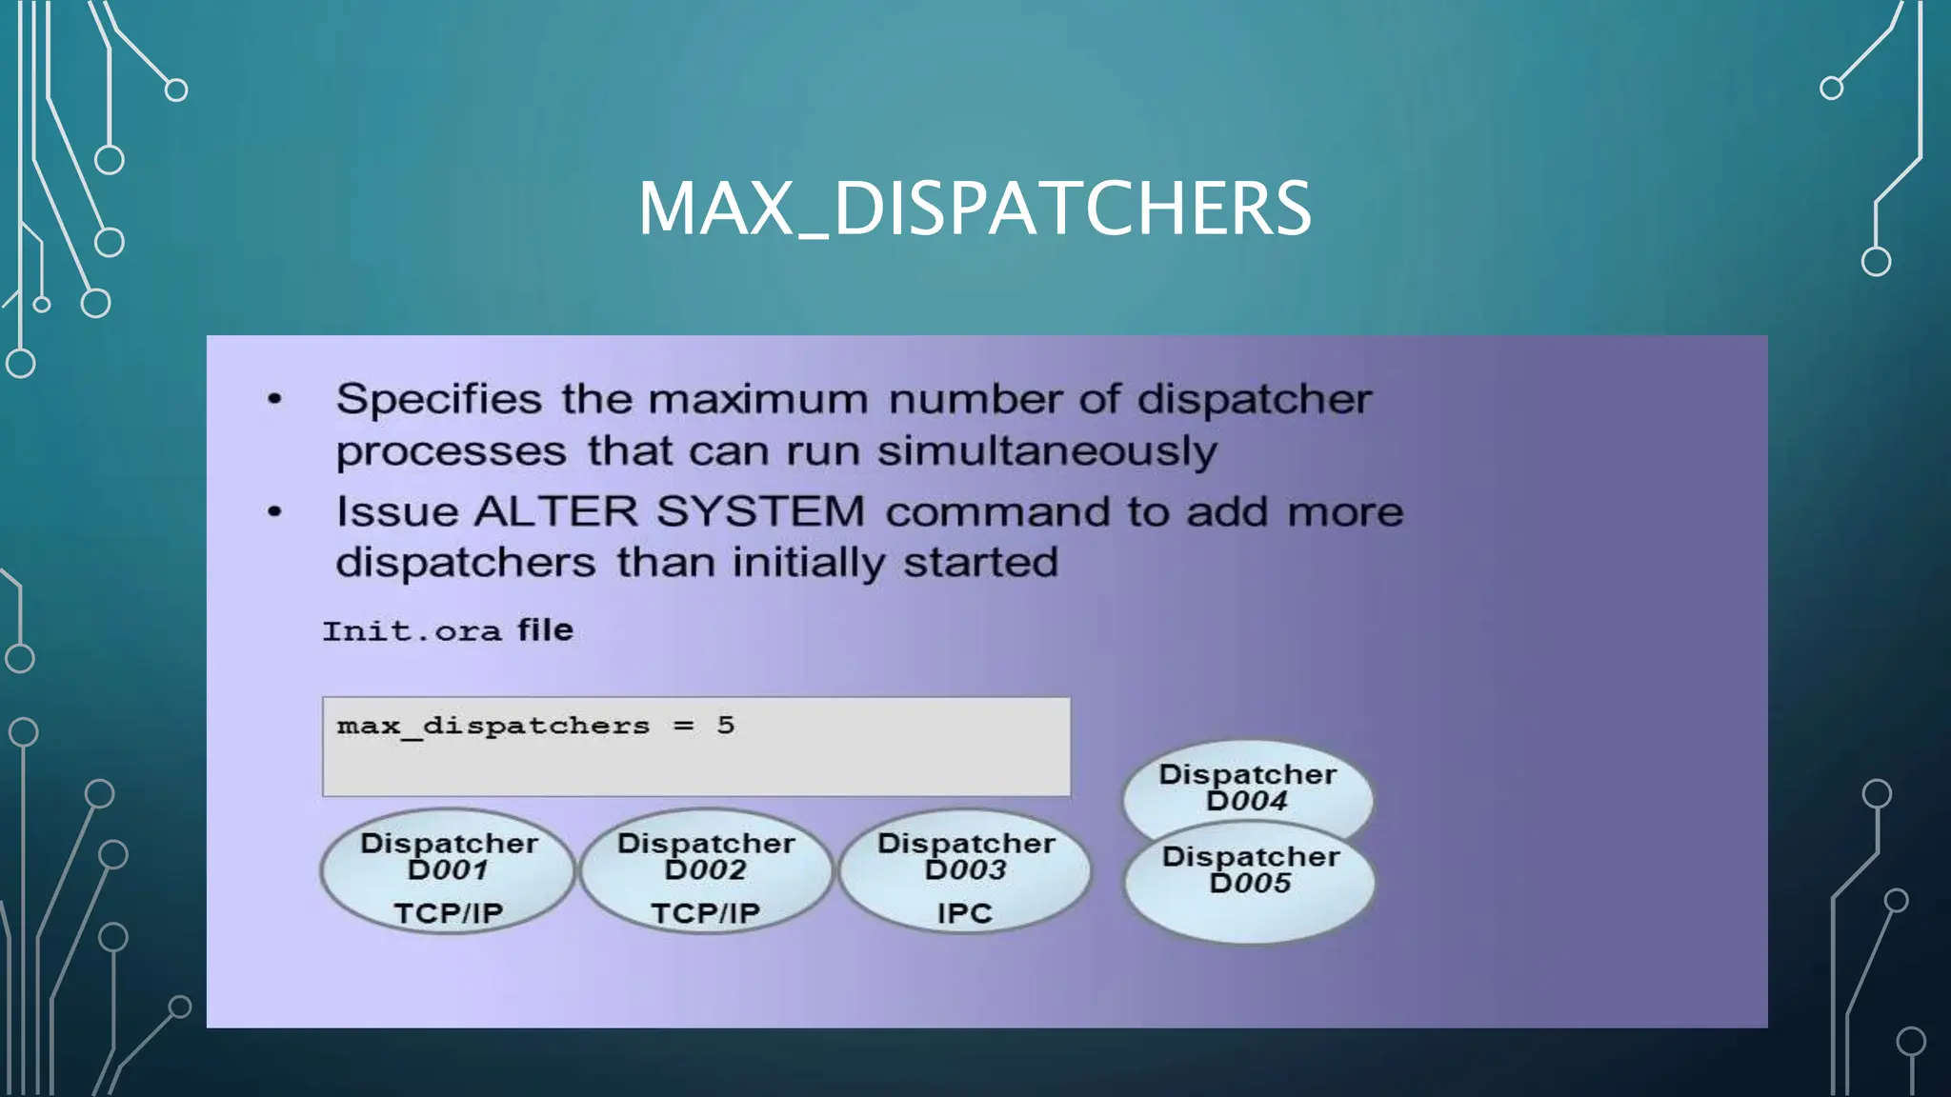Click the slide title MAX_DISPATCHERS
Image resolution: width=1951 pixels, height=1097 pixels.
pos(975,209)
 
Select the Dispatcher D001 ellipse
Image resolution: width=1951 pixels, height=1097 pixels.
pos(448,870)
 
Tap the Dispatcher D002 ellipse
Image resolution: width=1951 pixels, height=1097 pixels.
pos(706,870)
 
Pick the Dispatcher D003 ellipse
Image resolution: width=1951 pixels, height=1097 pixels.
pos(965,870)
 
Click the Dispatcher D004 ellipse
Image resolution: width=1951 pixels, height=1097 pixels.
pos(1247,787)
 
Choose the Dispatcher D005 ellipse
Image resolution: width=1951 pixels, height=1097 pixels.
pos(1250,890)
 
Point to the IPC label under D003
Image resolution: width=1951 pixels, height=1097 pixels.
pos(964,913)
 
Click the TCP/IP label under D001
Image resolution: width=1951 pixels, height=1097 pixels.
pos(448,913)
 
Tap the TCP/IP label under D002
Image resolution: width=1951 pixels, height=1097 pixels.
pos(706,913)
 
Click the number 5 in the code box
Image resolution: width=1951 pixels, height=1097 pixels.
pos(726,726)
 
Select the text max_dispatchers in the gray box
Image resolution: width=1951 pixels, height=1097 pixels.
pos(493,727)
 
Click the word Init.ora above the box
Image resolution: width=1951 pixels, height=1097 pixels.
pos(412,631)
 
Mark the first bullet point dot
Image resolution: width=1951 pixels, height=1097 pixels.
pos(275,399)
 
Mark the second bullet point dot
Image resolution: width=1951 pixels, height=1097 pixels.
pos(275,512)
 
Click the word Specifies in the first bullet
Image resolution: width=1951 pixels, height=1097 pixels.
pos(438,400)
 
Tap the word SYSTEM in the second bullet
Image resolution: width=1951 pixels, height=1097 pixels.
pos(759,512)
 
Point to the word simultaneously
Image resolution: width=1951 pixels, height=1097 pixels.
pos(1047,451)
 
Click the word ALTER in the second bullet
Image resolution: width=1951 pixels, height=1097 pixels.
pos(555,512)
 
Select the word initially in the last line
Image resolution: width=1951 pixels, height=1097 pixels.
pos(809,563)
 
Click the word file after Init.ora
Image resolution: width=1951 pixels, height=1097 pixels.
pos(545,630)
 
